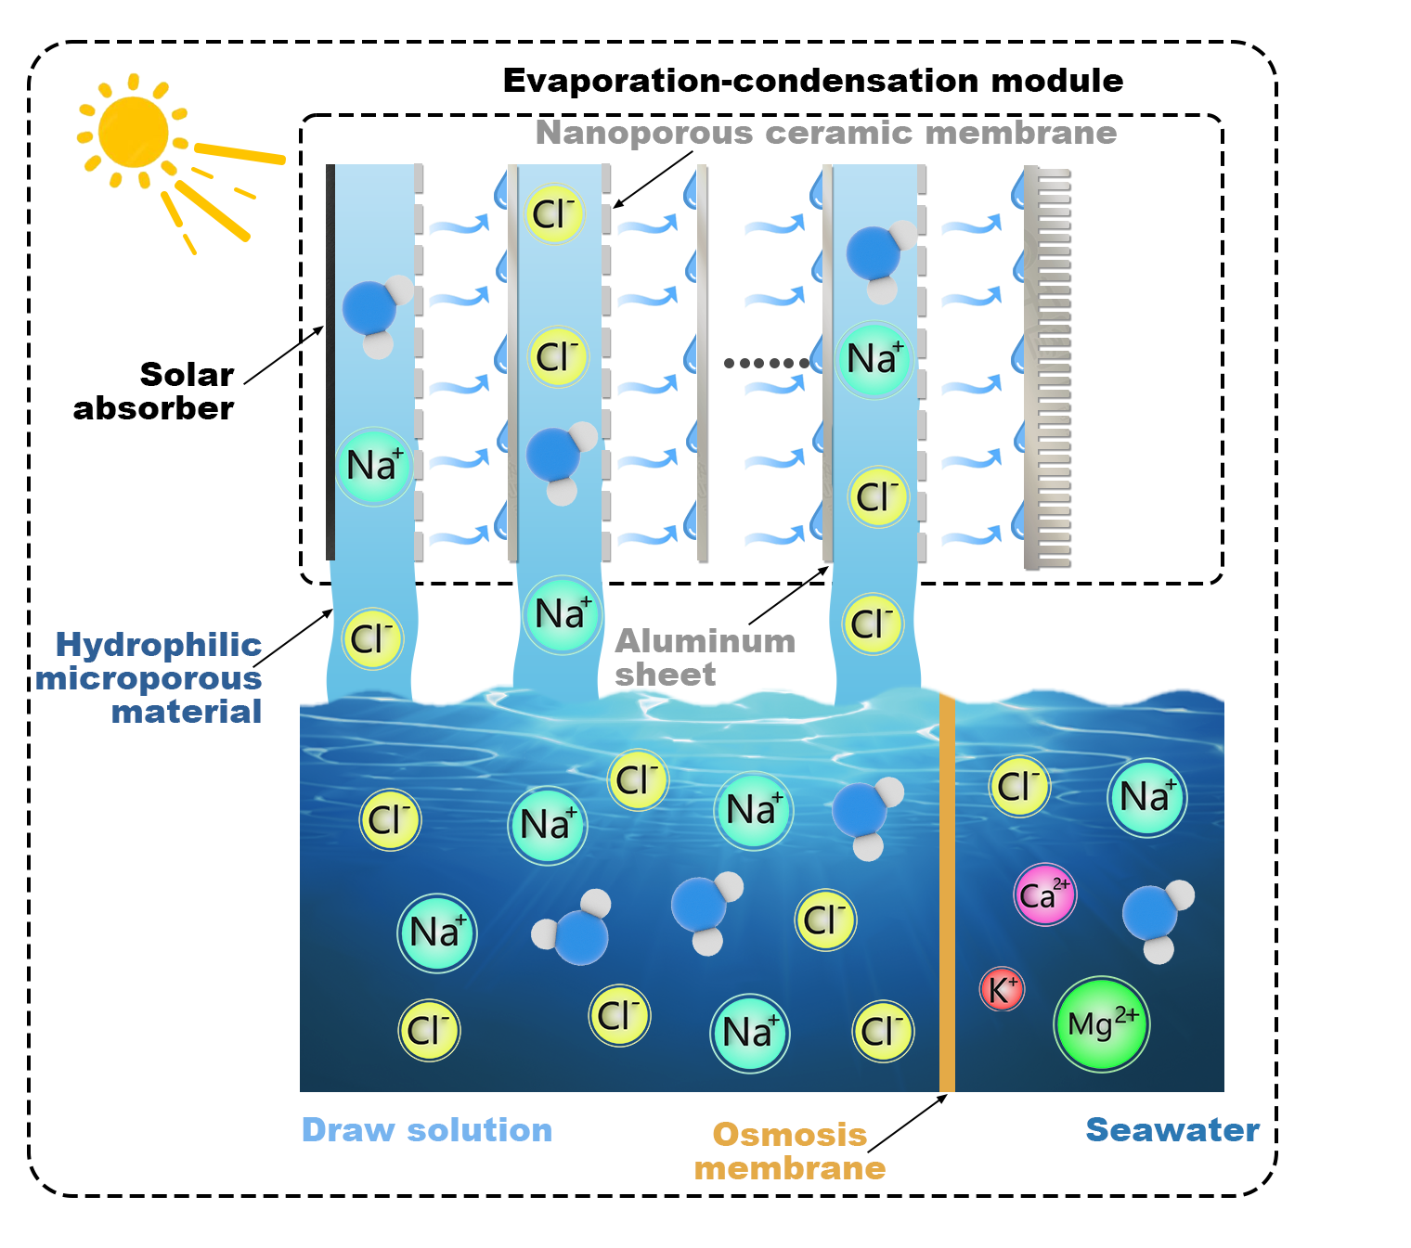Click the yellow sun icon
click(x=135, y=133)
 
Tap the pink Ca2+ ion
click(x=1044, y=894)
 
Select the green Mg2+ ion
click(x=1101, y=1023)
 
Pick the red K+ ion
click(x=1002, y=989)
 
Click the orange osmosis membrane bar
click(x=947, y=891)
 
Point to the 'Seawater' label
click(x=1172, y=1129)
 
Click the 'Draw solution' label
click(x=427, y=1129)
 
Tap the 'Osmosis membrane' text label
click(x=790, y=1151)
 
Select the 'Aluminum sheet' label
click(x=705, y=657)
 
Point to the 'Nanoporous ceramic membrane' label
click(x=825, y=133)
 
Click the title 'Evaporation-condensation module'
click(x=812, y=81)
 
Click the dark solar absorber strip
click(x=330, y=362)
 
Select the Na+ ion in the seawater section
click(x=1146, y=797)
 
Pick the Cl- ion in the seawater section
click(x=1018, y=786)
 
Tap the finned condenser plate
click(x=1046, y=367)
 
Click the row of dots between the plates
click(x=766, y=363)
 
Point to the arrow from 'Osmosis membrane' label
click(x=907, y=1124)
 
